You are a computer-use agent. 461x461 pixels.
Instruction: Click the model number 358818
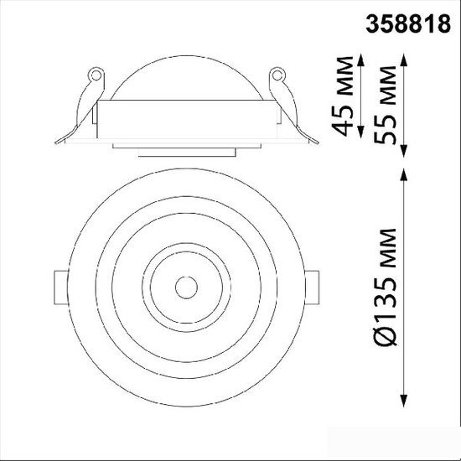click(408, 23)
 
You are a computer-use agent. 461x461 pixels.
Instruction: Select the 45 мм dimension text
click(343, 96)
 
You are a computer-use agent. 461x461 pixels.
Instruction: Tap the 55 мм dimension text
click(386, 105)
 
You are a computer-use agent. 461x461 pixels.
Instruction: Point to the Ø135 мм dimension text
click(386, 287)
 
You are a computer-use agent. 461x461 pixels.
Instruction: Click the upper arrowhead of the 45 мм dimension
click(361, 60)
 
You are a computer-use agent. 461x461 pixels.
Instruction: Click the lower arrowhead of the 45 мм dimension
click(361, 132)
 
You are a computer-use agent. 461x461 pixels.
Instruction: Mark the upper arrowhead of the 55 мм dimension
click(404, 60)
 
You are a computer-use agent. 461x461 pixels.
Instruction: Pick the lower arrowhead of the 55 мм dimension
click(404, 151)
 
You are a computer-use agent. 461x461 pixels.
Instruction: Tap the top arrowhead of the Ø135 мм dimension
click(404, 175)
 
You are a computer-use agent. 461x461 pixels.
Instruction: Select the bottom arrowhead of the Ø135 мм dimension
click(404, 401)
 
